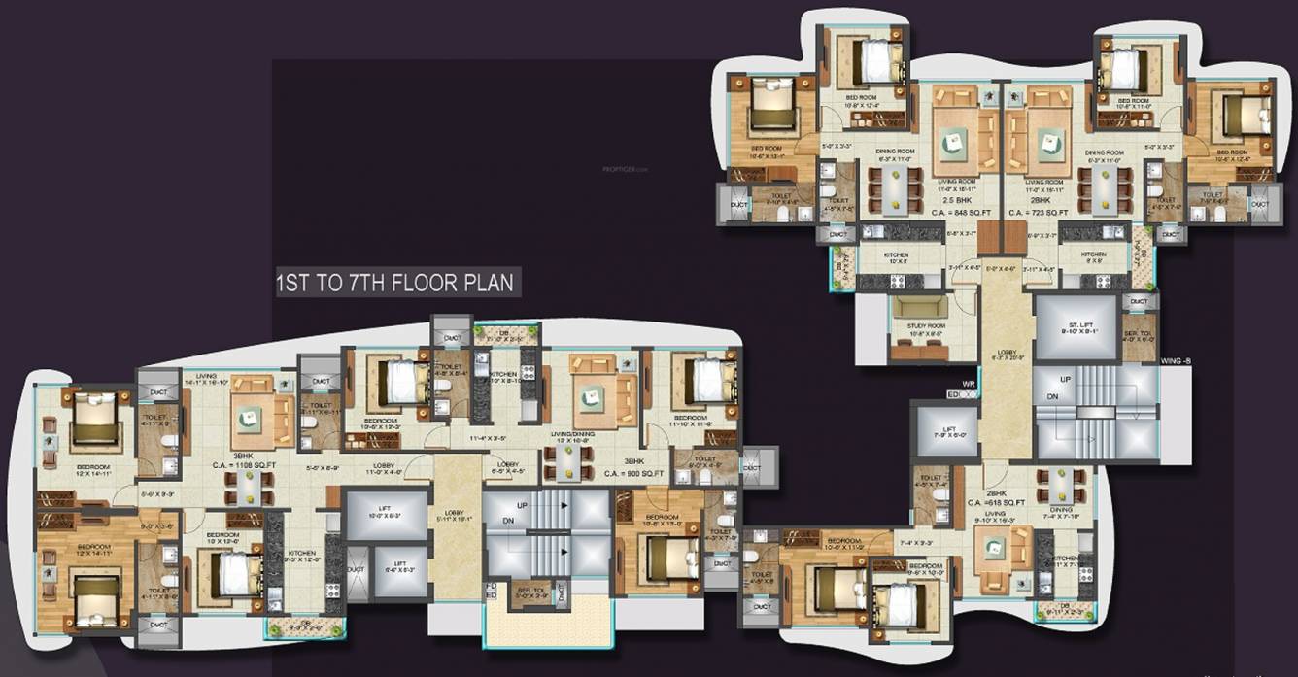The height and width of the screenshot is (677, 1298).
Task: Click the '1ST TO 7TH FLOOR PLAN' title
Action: (396, 285)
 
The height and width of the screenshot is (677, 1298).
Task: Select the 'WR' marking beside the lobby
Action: (968, 385)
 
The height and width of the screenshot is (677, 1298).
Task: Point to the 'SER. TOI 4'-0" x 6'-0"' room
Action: (1140, 335)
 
